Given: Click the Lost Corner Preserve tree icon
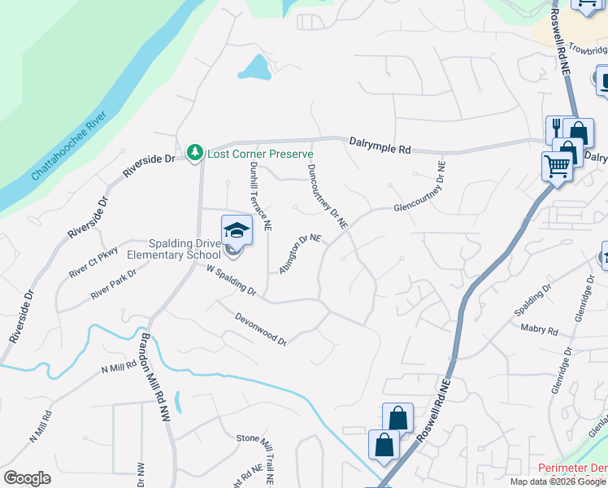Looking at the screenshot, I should coord(194,152).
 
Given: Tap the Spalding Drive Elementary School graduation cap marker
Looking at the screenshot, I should coord(237,229).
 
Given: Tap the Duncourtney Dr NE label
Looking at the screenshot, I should coord(328,196).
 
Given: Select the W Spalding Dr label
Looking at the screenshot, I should coord(232,279).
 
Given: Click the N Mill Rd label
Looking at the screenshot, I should coord(119,368).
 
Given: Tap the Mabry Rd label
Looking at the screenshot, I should coord(541,330).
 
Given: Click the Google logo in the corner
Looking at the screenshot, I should coord(27,477).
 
